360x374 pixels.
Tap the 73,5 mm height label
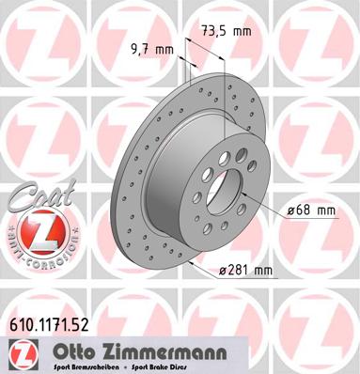click(x=227, y=31)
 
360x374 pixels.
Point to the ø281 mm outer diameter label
click(x=245, y=271)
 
